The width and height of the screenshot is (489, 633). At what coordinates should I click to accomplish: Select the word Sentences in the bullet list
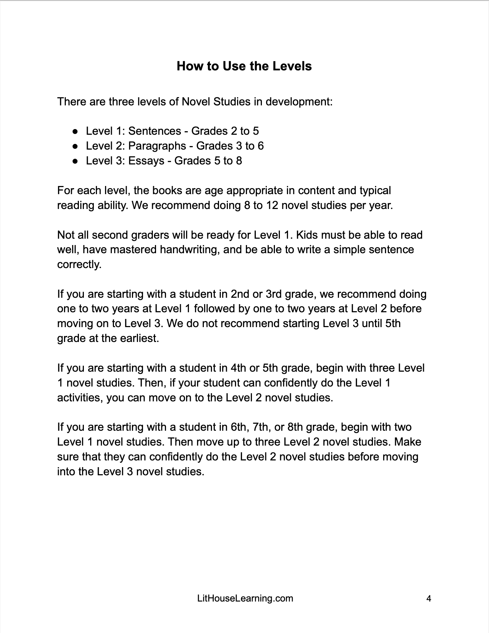pos(155,131)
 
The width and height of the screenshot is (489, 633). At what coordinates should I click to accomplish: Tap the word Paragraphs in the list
pos(157,146)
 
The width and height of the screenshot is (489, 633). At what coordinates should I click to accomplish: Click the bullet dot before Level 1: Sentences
pos(75,132)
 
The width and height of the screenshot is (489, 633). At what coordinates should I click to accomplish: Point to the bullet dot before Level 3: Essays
pos(75,161)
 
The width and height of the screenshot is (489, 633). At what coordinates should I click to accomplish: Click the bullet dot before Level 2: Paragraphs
pos(75,146)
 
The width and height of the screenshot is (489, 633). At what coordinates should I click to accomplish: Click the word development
pos(299,102)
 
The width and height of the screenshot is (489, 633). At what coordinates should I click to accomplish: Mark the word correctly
pos(79,265)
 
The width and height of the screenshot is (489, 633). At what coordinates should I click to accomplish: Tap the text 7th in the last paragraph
pos(261,427)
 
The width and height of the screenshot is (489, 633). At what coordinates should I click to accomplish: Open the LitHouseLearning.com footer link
pos(245,598)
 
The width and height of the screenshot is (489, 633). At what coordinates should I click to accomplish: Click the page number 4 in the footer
pos(429,598)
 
